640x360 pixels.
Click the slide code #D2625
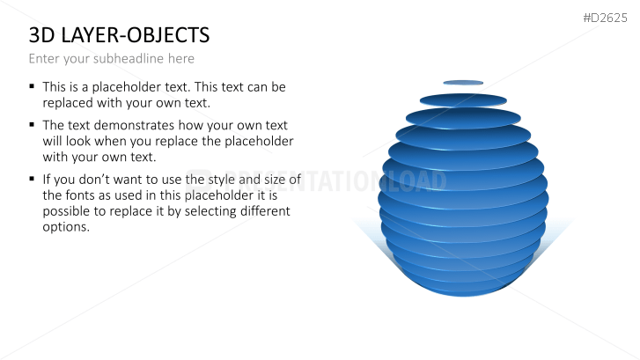point(605,17)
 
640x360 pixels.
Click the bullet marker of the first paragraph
point(32,86)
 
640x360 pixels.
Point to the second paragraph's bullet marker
point(32,124)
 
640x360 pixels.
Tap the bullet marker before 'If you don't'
point(32,178)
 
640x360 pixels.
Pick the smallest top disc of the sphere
point(463,83)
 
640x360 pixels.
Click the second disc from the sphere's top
point(463,99)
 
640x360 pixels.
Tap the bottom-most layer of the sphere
point(463,289)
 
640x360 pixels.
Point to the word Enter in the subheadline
point(45,59)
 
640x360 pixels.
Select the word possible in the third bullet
point(67,211)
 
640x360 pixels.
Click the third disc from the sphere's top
point(463,117)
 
